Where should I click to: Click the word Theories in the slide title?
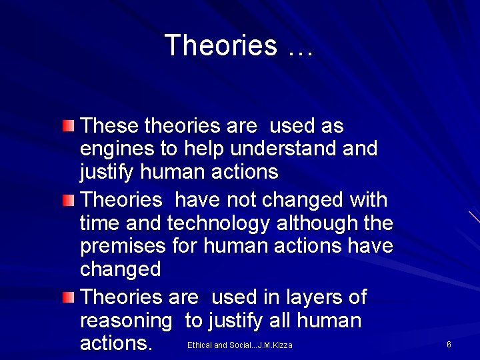point(220,45)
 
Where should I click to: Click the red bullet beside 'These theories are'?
point(69,125)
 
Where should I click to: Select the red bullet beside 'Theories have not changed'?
point(69,200)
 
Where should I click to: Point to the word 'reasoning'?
point(125,321)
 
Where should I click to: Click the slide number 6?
point(449,345)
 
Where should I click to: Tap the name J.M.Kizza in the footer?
point(275,345)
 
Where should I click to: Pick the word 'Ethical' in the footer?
point(199,345)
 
